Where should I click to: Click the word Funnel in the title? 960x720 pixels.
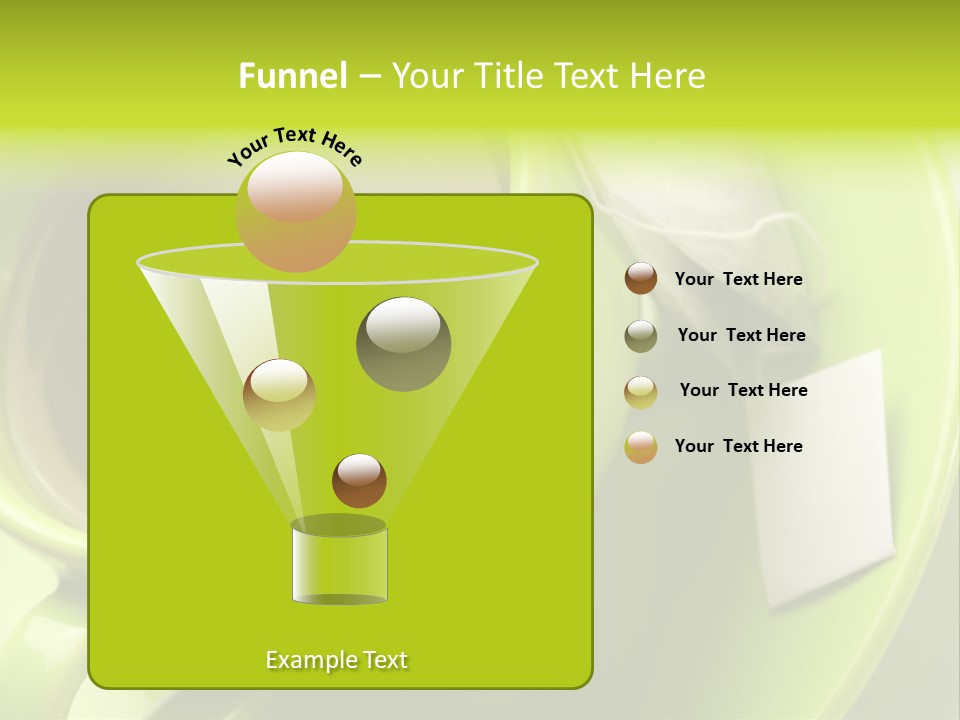coord(292,76)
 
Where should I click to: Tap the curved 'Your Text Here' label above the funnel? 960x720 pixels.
coord(294,145)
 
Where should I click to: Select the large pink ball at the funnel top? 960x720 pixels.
coord(295,212)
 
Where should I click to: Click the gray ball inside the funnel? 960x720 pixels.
coord(403,344)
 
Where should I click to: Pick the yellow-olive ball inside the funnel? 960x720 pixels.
coord(279,395)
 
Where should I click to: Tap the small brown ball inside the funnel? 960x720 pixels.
coord(359,480)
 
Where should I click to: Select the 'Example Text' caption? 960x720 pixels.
coord(336,660)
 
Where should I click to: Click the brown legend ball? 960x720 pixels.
coord(641,279)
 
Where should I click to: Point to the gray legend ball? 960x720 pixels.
coord(641,336)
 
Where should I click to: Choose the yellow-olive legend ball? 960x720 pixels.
coord(641,392)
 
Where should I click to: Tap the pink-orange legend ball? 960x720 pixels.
coord(641,447)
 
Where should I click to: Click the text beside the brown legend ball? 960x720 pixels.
coord(738,280)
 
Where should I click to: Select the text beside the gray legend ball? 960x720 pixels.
coord(741,336)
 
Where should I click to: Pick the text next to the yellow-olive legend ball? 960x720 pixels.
coord(743,391)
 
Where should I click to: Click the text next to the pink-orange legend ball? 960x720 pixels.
coord(738,447)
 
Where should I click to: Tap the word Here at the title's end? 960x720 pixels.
coord(666,76)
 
